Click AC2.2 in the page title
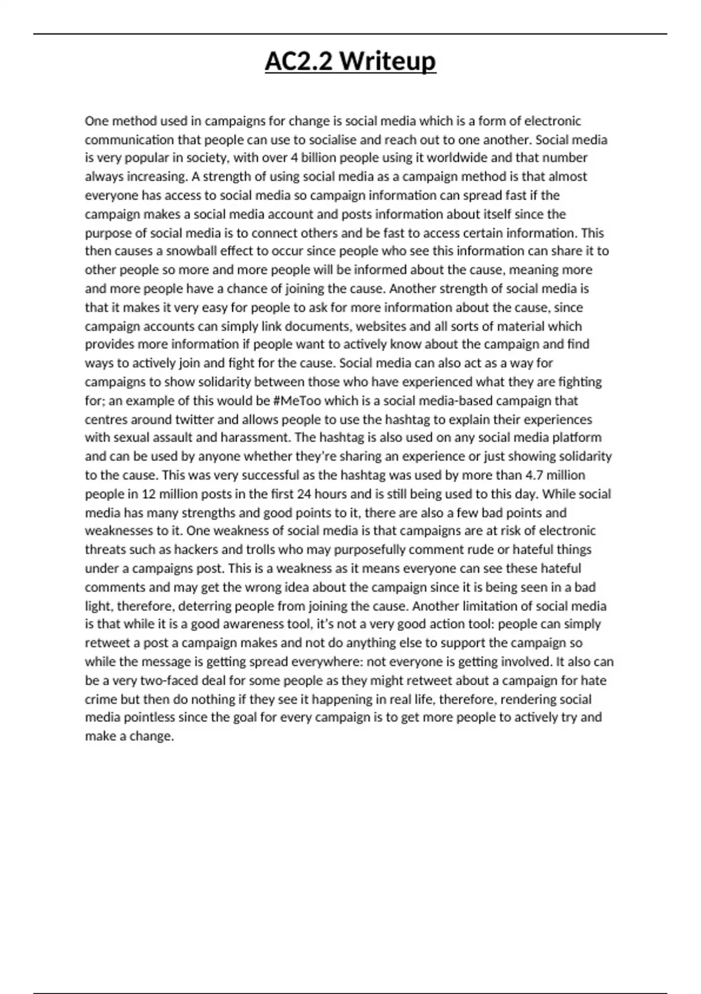pyautogui.click(x=299, y=61)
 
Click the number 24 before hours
pyautogui.click(x=304, y=493)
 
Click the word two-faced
pyautogui.click(x=172, y=681)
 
